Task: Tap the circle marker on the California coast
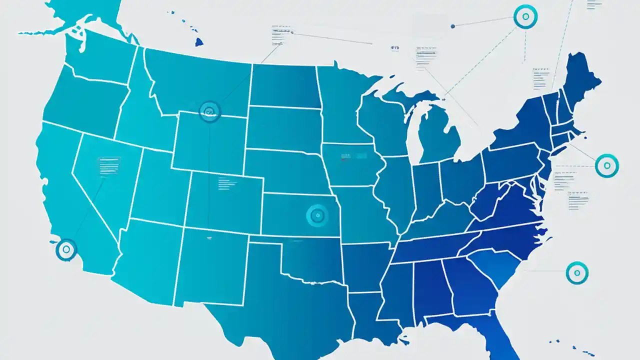[x=66, y=249]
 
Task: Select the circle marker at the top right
[x=525, y=16]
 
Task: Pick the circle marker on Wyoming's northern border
[x=210, y=111]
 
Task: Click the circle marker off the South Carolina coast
[x=577, y=273]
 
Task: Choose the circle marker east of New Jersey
[x=607, y=165]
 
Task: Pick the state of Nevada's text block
[x=109, y=165]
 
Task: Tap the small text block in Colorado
[x=226, y=183]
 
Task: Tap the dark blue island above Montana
[x=199, y=42]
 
